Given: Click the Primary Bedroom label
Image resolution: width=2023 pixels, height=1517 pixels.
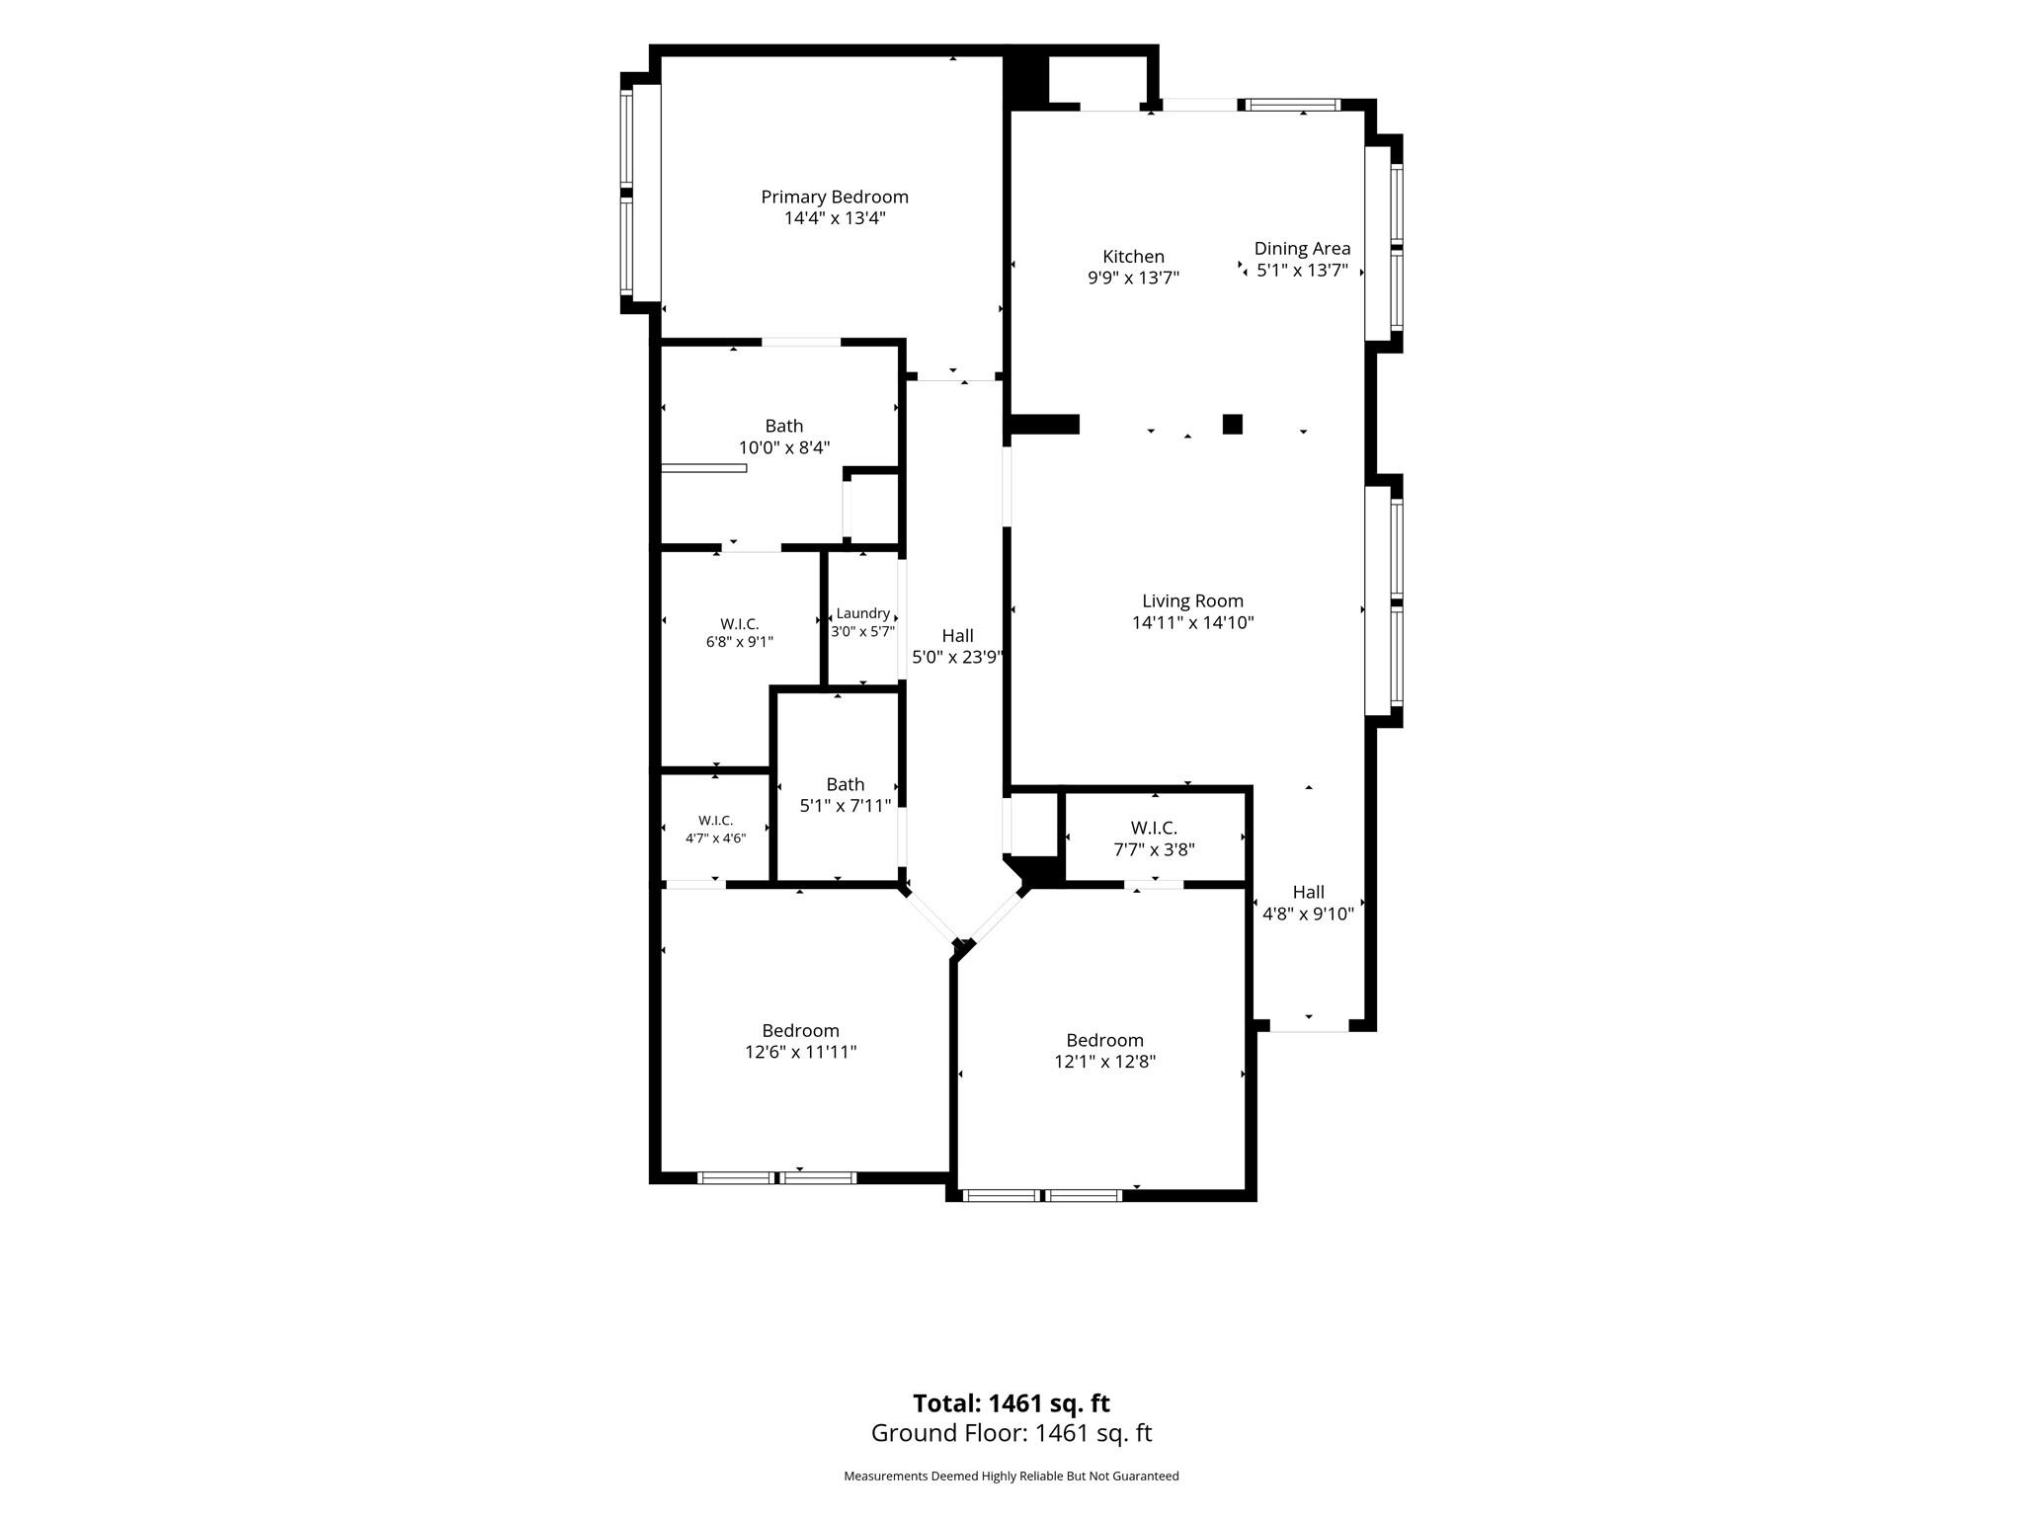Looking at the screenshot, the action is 835,197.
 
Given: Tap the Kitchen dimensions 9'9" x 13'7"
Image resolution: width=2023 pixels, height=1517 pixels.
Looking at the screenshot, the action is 1133,278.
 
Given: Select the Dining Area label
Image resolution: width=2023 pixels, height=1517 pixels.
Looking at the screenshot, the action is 1302,249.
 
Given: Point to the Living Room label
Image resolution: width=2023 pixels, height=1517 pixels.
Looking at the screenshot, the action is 1192,600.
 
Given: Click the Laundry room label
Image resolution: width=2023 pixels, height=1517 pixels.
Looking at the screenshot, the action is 862,613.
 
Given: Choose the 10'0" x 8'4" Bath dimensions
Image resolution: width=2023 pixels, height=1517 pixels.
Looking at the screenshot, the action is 784,447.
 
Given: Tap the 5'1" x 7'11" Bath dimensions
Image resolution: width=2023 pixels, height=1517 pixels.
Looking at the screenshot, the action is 846,806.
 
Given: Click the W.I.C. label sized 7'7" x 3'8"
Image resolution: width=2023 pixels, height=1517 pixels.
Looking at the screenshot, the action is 1154,828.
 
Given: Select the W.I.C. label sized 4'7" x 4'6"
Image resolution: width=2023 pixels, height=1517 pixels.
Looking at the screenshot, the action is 715,821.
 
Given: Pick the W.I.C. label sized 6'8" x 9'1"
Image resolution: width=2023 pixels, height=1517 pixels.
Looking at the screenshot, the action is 739,624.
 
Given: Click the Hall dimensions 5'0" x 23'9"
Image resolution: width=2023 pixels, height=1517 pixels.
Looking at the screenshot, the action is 957,658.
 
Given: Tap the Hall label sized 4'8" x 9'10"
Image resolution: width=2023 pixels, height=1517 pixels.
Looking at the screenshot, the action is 1309,892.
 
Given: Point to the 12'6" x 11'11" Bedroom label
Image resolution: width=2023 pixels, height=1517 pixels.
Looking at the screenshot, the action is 800,1031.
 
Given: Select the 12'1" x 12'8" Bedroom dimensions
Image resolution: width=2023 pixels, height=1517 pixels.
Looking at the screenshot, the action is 1104,1062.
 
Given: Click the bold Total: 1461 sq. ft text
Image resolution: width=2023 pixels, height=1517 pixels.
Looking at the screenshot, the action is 1011,1403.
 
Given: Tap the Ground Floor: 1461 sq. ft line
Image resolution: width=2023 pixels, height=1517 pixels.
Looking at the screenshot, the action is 1011,1433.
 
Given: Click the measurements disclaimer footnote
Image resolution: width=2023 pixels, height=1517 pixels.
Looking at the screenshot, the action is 1011,1477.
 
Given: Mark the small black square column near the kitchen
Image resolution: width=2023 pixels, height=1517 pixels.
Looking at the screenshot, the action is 1233,424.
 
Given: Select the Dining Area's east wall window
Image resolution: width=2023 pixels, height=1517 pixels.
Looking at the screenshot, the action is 1397,246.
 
